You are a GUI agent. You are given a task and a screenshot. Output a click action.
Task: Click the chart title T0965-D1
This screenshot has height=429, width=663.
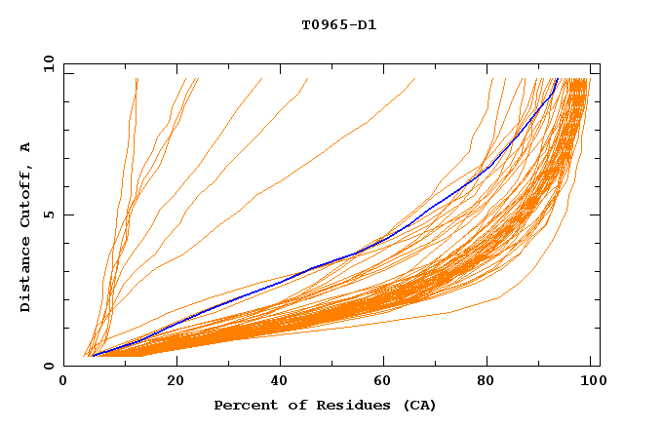(338, 24)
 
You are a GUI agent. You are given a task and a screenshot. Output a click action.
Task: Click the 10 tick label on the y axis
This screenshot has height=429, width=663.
(48, 63)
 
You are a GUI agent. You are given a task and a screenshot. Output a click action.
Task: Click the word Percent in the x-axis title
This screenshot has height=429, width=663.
(244, 405)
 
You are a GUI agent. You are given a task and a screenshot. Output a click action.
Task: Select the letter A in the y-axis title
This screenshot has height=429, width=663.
(26, 147)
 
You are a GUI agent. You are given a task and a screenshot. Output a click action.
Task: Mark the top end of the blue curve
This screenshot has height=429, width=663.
(557, 79)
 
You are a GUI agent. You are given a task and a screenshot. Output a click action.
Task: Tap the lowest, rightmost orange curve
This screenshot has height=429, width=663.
(448, 312)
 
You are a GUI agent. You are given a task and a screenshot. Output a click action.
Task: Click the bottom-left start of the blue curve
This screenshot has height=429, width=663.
(92, 356)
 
